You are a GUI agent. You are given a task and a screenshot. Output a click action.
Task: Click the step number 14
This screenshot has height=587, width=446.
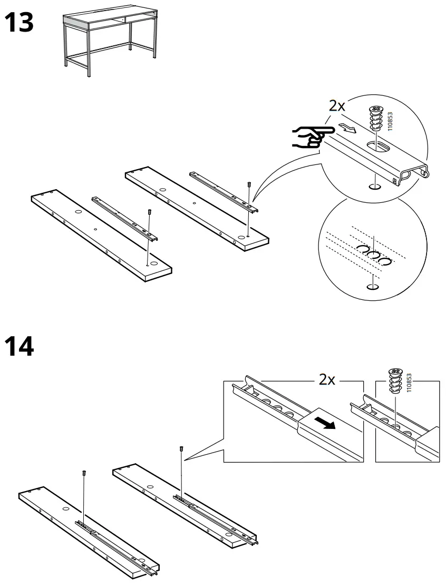[x=20, y=346]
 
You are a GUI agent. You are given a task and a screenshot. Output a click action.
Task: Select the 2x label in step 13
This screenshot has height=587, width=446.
[x=337, y=106]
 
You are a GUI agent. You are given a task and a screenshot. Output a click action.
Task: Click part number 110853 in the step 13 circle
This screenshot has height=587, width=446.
[x=390, y=121]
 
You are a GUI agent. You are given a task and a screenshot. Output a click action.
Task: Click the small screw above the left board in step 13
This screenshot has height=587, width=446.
[x=150, y=212]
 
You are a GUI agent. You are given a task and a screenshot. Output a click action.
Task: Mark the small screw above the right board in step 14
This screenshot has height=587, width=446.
[x=181, y=448]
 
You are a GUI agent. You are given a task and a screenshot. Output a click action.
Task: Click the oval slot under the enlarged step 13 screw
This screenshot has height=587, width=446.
[x=376, y=145]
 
